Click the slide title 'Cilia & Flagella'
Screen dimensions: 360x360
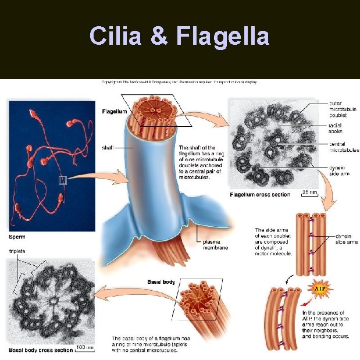(179, 36)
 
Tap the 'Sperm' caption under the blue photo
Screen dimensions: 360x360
(17, 237)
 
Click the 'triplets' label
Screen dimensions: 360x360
(19, 251)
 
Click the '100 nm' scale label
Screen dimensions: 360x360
(85, 347)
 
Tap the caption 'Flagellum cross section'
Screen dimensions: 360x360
(260, 194)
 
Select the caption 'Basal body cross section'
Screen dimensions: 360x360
(41, 350)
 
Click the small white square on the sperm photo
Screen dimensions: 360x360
(62, 181)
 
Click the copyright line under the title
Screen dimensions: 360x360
(179, 82)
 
